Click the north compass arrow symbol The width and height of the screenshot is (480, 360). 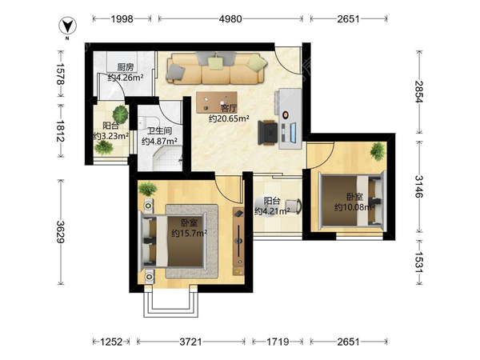pyautogui.click(x=68, y=26)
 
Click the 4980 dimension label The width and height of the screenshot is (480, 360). pyautogui.click(x=230, y=19)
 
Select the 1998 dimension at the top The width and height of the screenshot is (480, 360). pyautogui.click(x=122, y=19)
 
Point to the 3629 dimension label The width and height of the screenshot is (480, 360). pyautogui.click(x=61, y=232)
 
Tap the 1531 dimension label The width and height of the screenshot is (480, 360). pyautogui.click(x=418, y=262)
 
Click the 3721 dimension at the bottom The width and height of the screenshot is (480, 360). pyautogui.click(x=190, y=342)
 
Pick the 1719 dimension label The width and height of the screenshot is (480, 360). pyautogui.click(x=278, y=342)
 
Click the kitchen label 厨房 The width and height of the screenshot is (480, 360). pyautogui.click(x=126, y=67)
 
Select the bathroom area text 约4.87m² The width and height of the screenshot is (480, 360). pyautogui.click(x=159, y=141)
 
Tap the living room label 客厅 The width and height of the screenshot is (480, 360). pyautogui.click(x=229, y=108)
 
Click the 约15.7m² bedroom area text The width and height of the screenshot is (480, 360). pyautogui.click(x=189, y=234)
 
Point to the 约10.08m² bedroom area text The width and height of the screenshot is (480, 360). pyautogui.click(x=354, y=207)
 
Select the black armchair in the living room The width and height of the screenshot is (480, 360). pyautogui.click(x=267, y=132)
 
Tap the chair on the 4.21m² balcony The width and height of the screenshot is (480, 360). pyautogui.click(x=294, y=206)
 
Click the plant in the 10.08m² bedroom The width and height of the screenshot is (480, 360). pyautogui.click(x=378, y=151)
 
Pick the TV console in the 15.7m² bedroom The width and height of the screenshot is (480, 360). pyautogui.click(x=238, y=241)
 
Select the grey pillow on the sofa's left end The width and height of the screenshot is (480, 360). pyautogui.click(x=176, y=72)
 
